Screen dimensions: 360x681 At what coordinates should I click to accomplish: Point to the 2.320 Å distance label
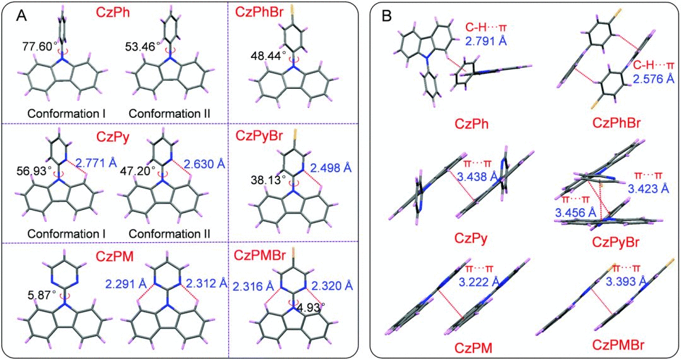pos(327,284)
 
